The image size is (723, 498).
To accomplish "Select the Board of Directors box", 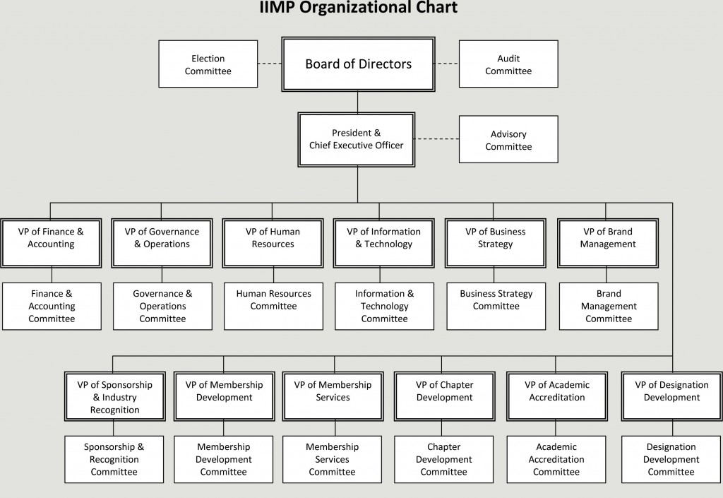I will tap(358, 64).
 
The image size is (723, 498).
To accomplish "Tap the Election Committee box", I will tap(208, 64).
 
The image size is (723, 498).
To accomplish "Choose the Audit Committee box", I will tap(508, 64).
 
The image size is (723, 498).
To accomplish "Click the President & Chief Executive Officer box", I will tap(357, 139).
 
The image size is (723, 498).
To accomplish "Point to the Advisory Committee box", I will tap(508, 140).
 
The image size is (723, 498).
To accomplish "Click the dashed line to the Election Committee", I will tap(270, 64).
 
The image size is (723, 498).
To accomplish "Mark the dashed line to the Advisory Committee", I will tap(437, 139).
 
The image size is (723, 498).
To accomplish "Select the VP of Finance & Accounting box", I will tap(51, 243).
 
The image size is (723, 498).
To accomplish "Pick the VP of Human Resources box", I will tap(273, 243).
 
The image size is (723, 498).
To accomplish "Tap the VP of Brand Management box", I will tap(608, 243).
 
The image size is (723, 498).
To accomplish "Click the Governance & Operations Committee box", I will tap(162, 306).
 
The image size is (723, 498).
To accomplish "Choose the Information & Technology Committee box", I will tap(384, 306).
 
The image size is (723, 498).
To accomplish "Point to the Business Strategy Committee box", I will tap(496, 306).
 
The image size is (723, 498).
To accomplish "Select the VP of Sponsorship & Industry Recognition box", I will tap(115, 396).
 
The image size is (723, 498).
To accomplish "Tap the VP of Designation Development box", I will tap(671, 396).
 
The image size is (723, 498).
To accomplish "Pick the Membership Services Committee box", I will tap(332, 459).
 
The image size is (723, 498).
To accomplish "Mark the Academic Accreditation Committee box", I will tap(556, 459).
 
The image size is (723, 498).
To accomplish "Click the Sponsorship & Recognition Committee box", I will tap(114, 459).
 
